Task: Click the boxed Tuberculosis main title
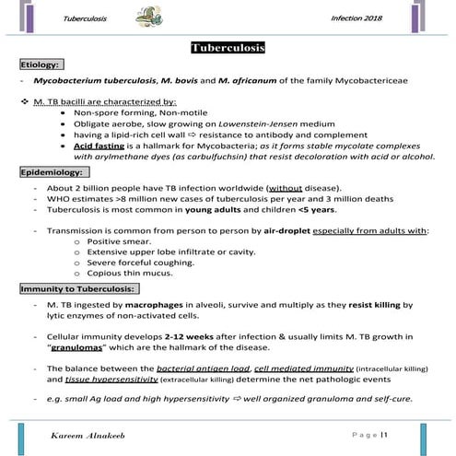227,48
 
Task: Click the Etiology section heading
41,65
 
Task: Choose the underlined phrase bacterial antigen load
200,368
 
